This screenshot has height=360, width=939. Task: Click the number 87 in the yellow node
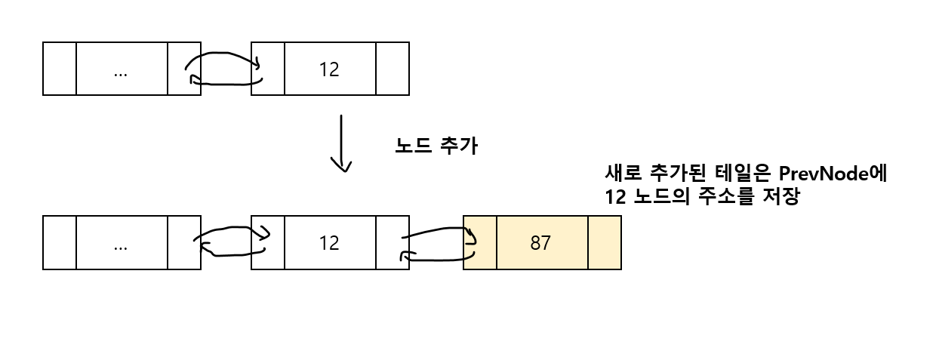pyautogui.click(x=540, y=243)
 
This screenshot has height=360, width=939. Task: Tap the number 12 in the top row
pyautogui.click(x=329, y=69)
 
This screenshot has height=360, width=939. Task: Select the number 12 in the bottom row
pyautogui.click(x=329, y=243)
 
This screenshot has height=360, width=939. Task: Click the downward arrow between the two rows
pyautogui.click(x=343, y=143)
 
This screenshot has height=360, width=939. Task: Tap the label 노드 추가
pyautogui.click(x=436, y=146)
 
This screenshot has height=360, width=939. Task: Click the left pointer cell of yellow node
pyautogui.click(x=480, y=243)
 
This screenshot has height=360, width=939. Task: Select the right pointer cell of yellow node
pyautogui.click(x=604, y=243)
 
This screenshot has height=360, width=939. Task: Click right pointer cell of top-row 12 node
pyautogui.click(x=392, y=69)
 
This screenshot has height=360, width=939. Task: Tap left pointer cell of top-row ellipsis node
pyautogui.click(x=60, y=69)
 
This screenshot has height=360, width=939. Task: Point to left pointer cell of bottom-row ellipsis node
pyautogui.click(x=60, y=242)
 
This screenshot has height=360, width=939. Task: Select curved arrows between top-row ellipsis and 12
pyautogui.click(x=224, y=69)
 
